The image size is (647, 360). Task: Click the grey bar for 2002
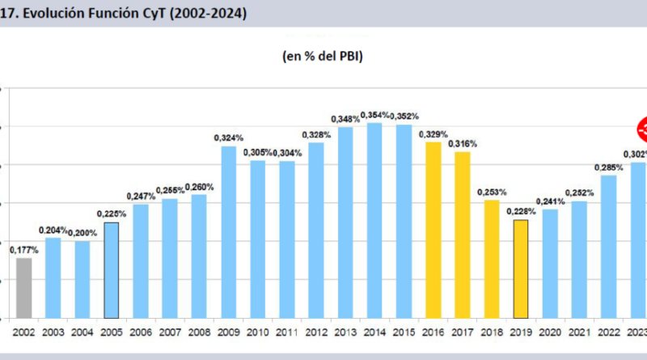(23, 287)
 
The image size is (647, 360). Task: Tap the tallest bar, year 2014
(374, 220)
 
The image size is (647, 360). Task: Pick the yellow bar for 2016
(433, 230)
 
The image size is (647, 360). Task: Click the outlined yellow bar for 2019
(521, 269)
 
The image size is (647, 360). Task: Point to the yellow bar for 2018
(492, 259)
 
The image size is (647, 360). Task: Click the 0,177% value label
(23, 251)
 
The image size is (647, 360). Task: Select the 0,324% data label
(229, 138)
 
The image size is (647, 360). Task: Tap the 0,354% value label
(375, 115)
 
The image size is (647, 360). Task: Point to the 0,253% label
(492, 192)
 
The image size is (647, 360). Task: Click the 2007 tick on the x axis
(170, 332)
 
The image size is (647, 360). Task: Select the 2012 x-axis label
(316, 332)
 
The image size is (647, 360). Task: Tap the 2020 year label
(550, 332)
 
